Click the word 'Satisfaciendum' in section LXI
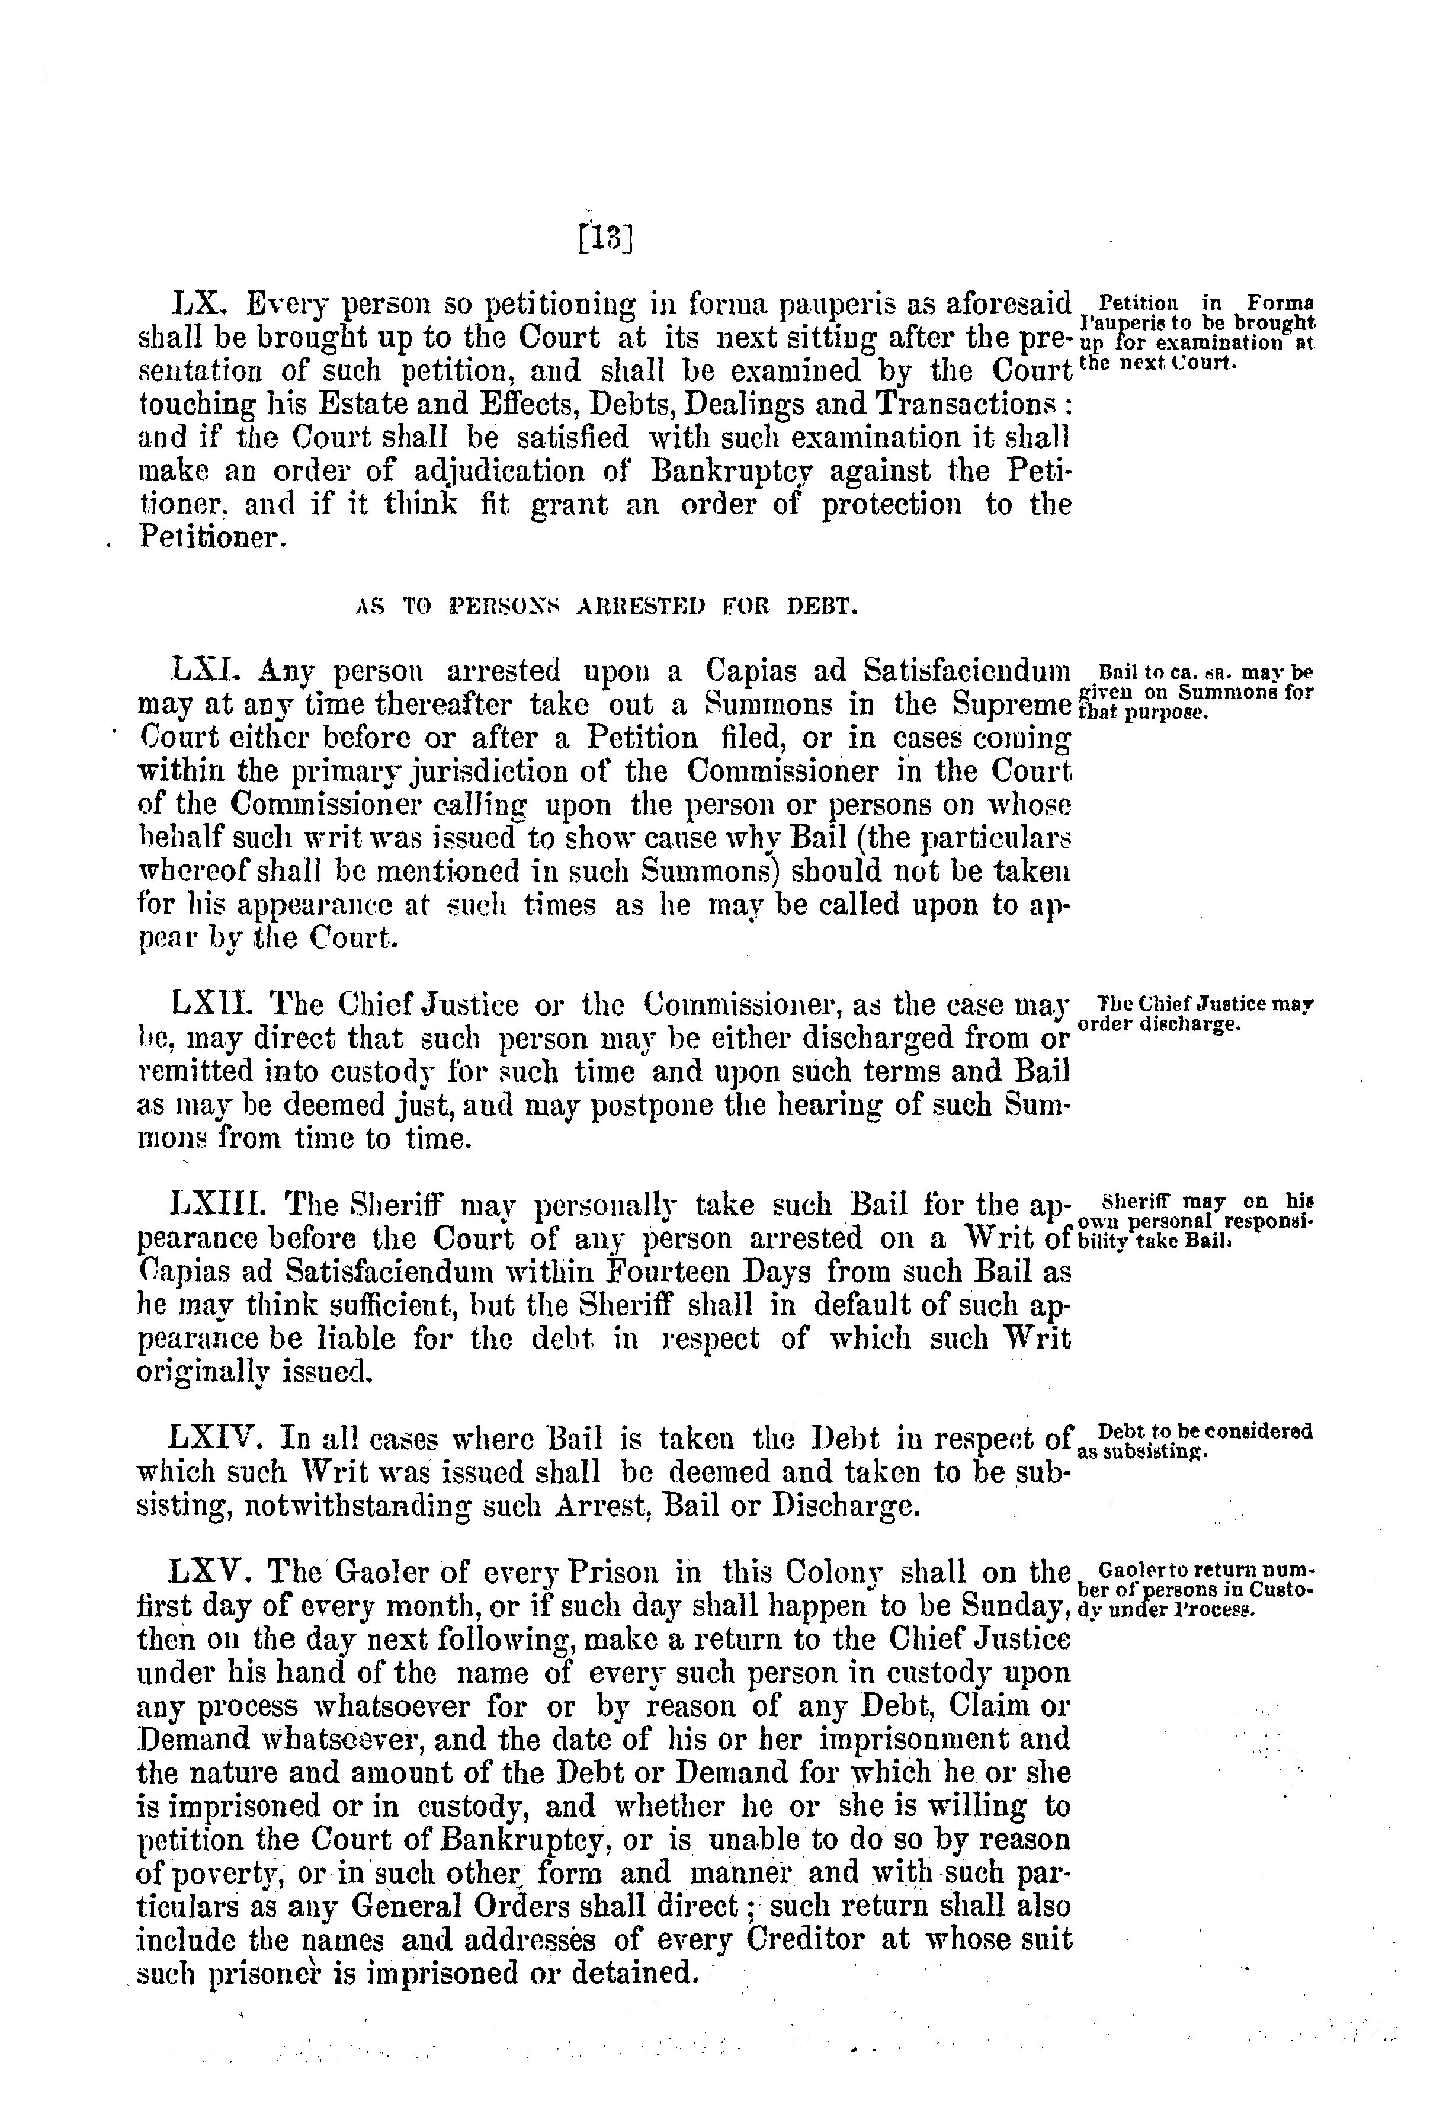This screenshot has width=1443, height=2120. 966,672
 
